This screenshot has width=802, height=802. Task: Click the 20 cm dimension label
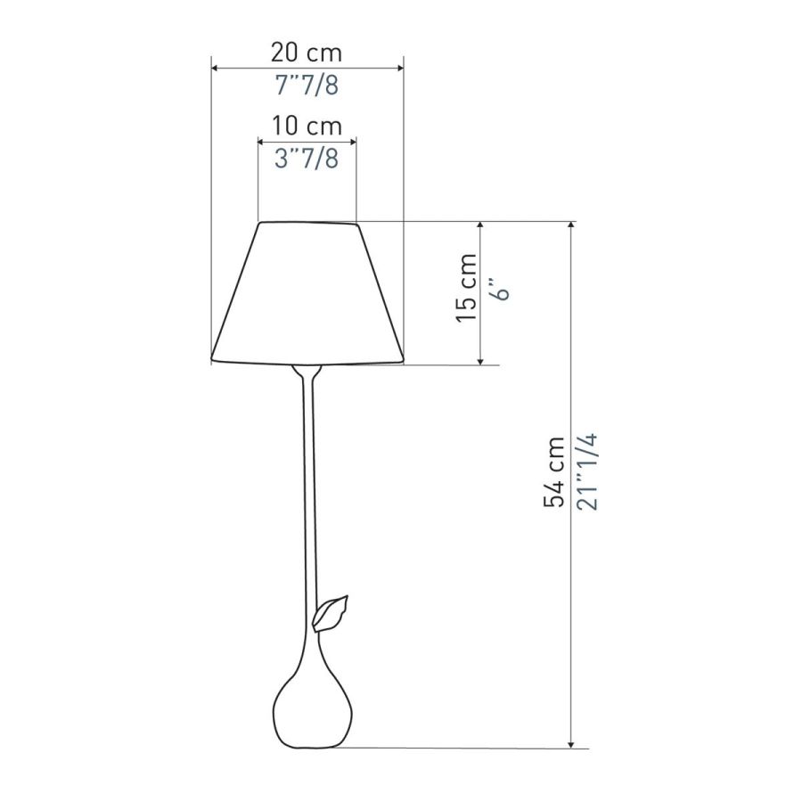pyautogui.click(x=306, y=53)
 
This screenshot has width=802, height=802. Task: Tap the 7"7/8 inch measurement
pyautogui.click(x=307, y=85)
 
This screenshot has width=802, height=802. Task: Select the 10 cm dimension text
pyautogui.click(x=306, y=126)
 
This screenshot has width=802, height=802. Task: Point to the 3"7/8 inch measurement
pyautogui.click(x=307, y=159)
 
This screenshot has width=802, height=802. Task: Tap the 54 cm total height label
pyautogui.click(x=554, y=472)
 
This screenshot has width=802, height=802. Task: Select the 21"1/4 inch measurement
pyautogui.click(x=587, y=471)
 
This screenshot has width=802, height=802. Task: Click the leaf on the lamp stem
pyautogui.click(x=330, y=614)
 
